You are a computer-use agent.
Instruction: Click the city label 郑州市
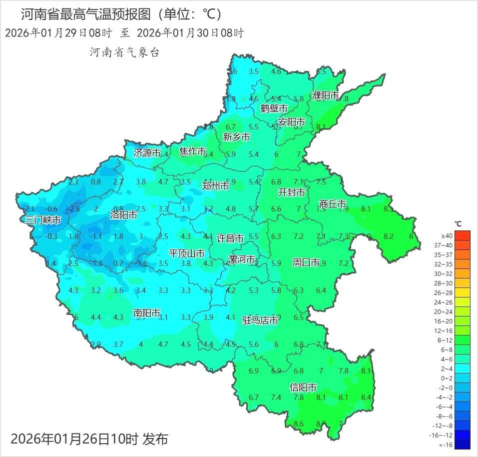216,186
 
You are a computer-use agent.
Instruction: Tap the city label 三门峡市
43,220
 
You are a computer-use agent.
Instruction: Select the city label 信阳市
303,387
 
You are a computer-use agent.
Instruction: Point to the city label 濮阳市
326,95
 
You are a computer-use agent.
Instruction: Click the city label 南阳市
147,313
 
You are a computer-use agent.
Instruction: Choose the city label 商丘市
333,204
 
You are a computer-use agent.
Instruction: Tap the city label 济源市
147,153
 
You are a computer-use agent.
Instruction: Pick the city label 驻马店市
260,320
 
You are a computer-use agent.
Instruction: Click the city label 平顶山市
187,253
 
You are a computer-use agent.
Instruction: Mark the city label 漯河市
242,259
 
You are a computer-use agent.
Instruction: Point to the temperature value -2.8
74,208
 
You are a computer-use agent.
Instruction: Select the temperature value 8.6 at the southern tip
299,424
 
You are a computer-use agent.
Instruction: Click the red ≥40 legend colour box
463,235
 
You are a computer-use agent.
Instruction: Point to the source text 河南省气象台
124,52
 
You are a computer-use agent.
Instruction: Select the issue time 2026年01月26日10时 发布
89,439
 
